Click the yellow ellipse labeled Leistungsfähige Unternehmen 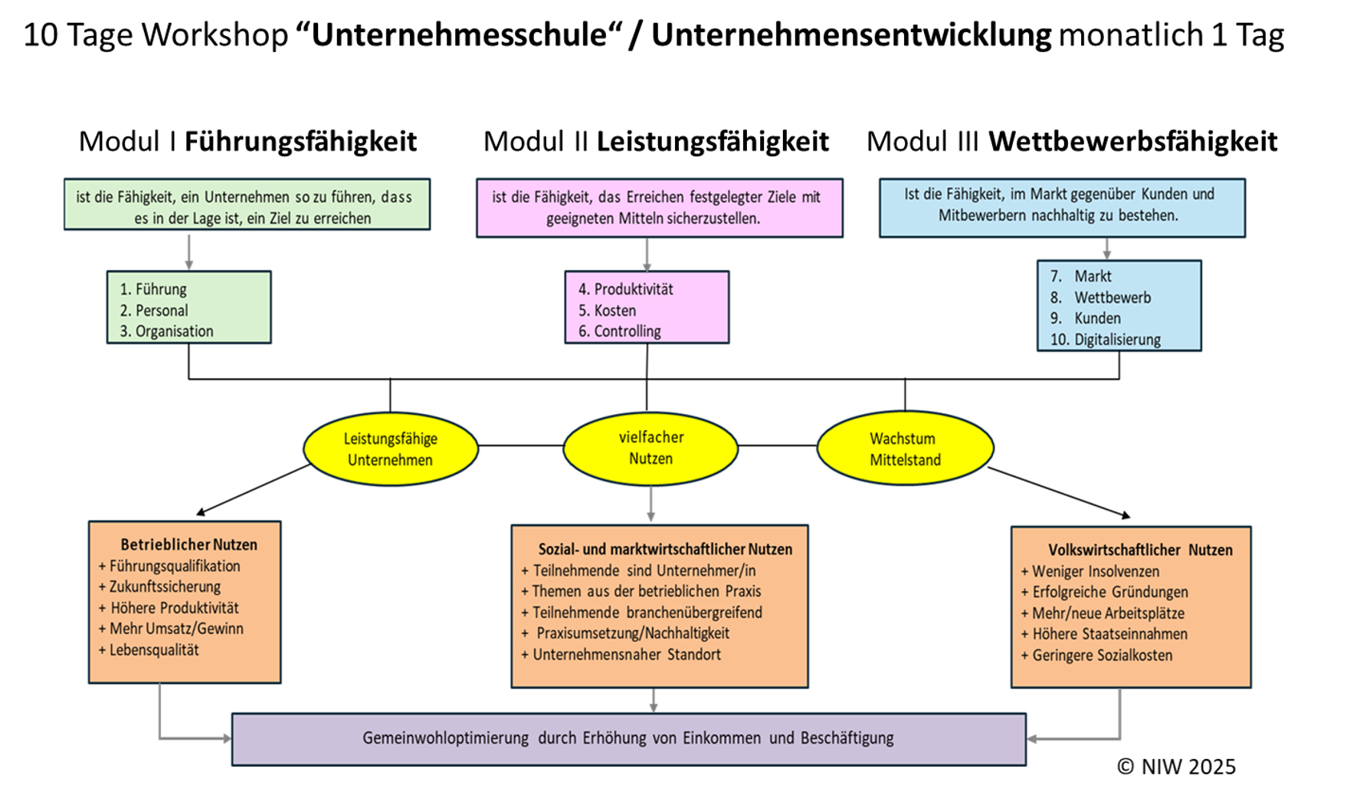coord(390,449)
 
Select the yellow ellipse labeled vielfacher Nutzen coord(650,448)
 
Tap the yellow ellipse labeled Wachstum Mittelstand coord(905,449)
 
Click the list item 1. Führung coord(153,289)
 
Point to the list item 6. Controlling coord(619,331)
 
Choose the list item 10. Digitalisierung coord(1105,340)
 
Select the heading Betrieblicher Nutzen coord(188,545)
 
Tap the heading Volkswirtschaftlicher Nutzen coord(1140,550)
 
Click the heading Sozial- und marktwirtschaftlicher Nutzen coord(665,550)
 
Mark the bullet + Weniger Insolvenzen coord(1090,571)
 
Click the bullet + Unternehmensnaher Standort coord(621,655)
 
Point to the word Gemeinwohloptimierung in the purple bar coord(445,738)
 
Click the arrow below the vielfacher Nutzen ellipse coord(650,505)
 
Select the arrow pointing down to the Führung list coord(188,251)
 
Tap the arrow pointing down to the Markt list coord(1106,248)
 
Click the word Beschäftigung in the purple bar coord(847,738)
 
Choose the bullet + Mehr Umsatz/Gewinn coord(171,629)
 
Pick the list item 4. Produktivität coord(625,289)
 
